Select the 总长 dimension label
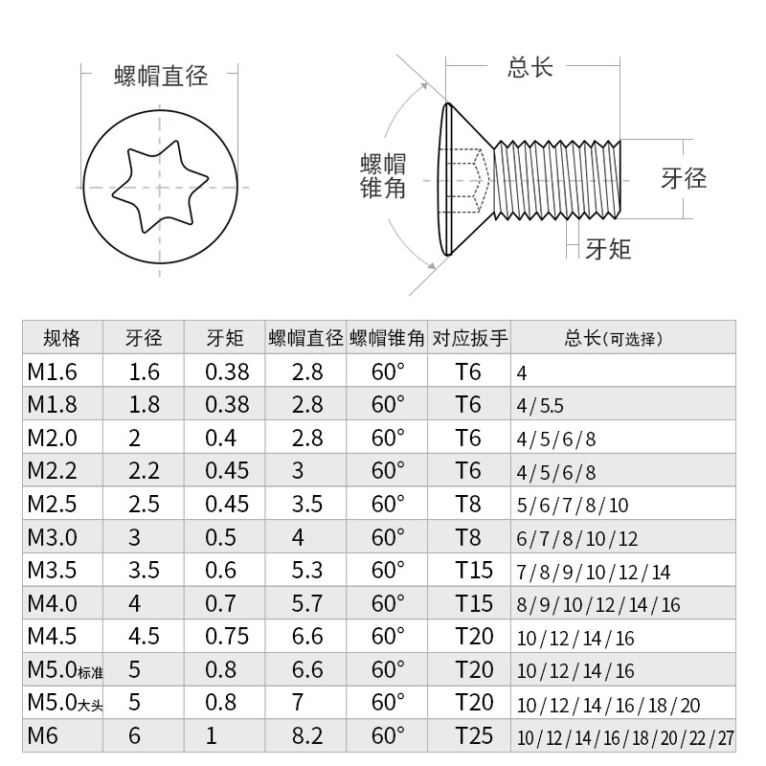click(x=530, y=68)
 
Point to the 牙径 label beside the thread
click(x=684, y=178)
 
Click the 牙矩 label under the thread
click(x=608, y=249)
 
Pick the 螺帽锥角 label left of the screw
click(x=383, y=174)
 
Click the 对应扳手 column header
click(x=469, y=338)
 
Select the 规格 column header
click(x=62, y=338)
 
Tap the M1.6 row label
click(x=52, y=372)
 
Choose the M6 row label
click(x=43, y=735)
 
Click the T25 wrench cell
click(x=474, y=735)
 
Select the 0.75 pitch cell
click(x=228, y=636)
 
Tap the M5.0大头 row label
click(x=64, y=703)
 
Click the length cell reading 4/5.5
click(x=540, y=406)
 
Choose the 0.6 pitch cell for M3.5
click(x=221, y=570)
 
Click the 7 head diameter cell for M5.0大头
click(x=298, y=703)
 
